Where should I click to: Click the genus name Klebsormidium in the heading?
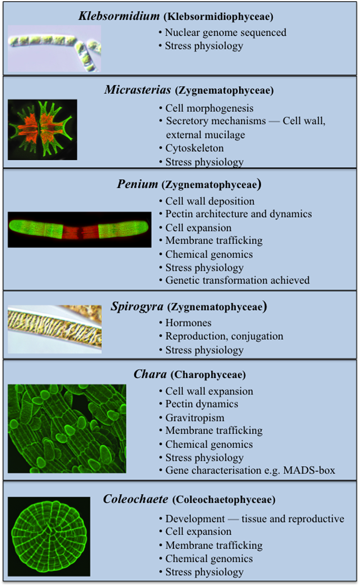pos(119,16)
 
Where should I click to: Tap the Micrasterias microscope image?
pos(42,130)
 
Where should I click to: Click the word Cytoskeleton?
pos(194,148)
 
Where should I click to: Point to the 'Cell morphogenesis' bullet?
pos(209,108)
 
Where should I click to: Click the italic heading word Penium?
pos(137,184)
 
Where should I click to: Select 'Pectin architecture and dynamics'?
pos(238,214)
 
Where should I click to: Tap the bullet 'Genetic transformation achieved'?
pos(237,280)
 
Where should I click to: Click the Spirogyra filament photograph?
pos(55,329)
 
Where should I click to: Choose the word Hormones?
pos(188,323)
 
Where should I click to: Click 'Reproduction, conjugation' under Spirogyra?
pos(224,336)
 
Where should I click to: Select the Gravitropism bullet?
pos(195,418)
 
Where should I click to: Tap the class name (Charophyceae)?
pos(208,375)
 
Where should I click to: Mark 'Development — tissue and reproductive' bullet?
pos(255,519)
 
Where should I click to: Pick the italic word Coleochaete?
pos(135,499)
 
